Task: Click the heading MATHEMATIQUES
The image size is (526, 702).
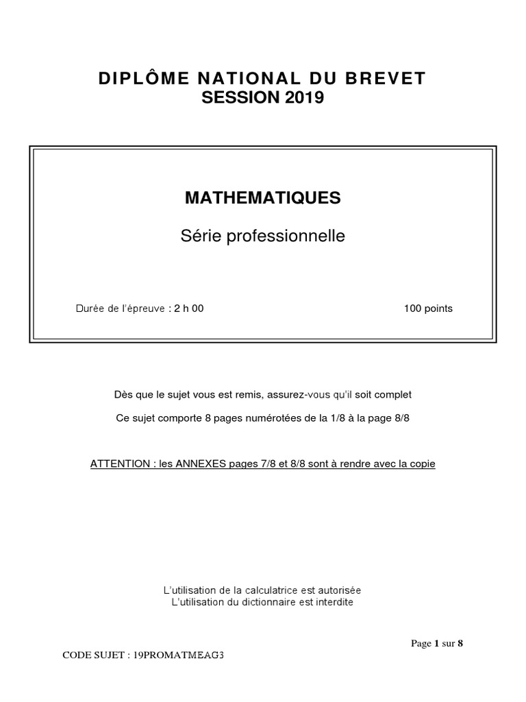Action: (262, 198)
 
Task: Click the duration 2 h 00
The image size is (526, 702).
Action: (188, 308)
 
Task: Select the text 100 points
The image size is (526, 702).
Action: (428, 308)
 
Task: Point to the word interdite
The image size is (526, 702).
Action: (334, 603)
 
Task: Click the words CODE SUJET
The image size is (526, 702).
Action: (91, 655)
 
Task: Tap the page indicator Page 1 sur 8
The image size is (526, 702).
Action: (436, 643)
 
